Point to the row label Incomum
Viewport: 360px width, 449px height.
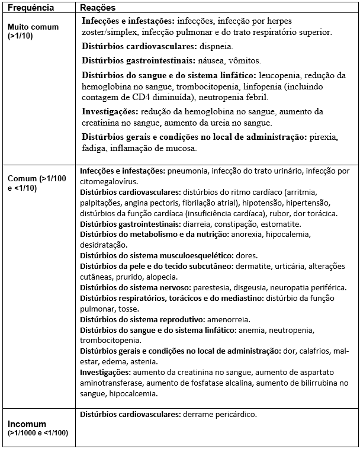27,424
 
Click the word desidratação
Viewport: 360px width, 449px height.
103,245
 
